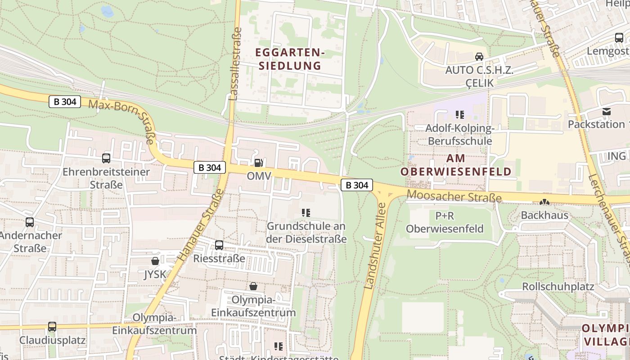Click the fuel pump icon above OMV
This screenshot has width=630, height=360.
(x=259, y=163)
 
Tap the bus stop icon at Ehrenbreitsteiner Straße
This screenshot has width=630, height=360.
(x=106, y=158)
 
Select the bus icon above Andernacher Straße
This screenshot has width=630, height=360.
(x=30, y=222)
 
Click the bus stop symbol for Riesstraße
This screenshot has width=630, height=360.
(x=219, y=245)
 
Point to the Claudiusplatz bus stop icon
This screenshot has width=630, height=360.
(x=52, y=327)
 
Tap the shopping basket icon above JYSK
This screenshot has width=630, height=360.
(x=155, y=261)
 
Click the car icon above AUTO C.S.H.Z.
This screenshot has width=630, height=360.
(x=479, y=57)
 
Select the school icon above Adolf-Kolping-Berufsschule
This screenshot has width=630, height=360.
(x=459, y=115)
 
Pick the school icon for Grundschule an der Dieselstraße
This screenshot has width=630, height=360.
(x=306, y=212)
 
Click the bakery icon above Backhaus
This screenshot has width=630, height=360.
(x=544, y=202)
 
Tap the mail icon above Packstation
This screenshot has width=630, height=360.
(x=607, y=111)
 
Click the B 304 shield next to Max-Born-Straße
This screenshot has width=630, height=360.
(x=65, y=102)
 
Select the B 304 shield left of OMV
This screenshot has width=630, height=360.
(x=210, y=167)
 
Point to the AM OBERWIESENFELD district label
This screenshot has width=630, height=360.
(x=456, y=165)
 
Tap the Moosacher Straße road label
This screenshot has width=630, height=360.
(x=454, y=196)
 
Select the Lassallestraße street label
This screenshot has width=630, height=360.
(x=235, y=64)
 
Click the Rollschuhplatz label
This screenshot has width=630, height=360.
(x=558, y=287)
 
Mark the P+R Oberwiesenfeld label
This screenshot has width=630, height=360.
(x=445, y=222)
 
